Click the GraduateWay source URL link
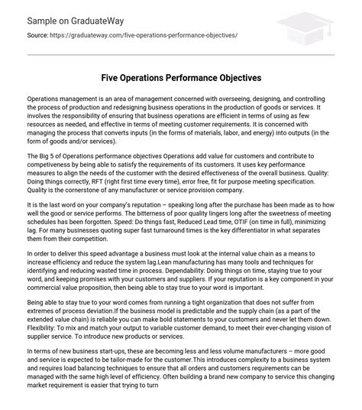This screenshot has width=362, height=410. [144, 35]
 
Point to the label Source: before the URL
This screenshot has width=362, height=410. [38, 35]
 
